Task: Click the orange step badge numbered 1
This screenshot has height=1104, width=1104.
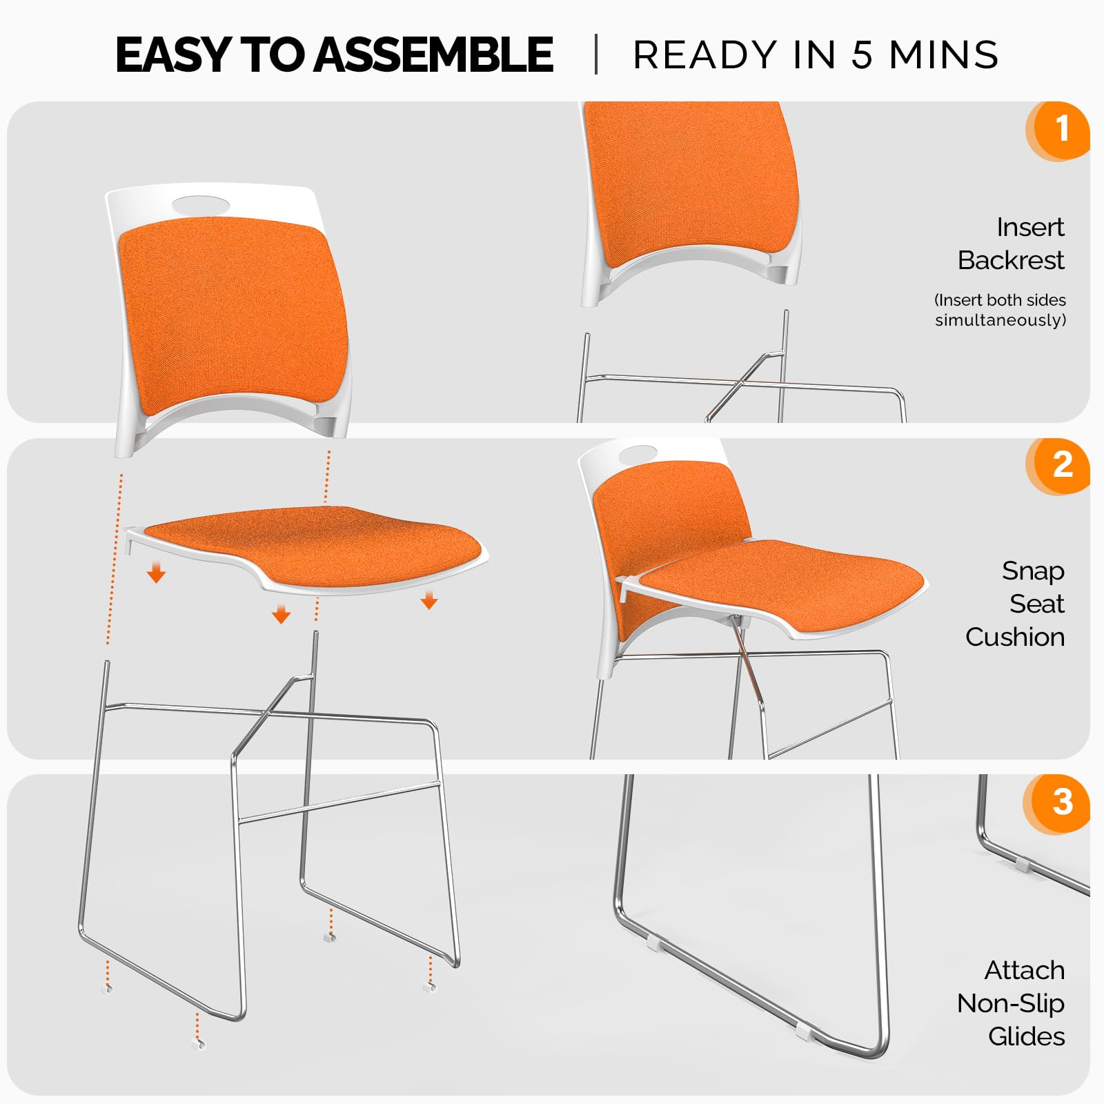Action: (1060, 130)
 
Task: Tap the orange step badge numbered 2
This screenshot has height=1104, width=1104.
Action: (1060, 465)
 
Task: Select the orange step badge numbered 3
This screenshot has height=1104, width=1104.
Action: (1060, 802)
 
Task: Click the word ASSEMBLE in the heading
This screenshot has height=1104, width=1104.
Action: (433, 55)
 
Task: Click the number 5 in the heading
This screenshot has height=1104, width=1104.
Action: (862, 55)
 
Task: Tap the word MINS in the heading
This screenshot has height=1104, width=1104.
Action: (943, 55)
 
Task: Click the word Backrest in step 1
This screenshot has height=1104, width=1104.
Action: (1011, 260)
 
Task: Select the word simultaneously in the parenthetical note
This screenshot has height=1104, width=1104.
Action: (1000, 320)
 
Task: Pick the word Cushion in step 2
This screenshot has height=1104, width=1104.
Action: (1015, 637)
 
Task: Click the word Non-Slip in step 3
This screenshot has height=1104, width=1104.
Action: (1011, 1003)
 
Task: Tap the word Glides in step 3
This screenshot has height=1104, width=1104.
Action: (1026, 1036)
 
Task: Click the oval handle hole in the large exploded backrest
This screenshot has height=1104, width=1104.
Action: (201, 204)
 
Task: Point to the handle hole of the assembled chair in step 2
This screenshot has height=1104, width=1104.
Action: (638, 455)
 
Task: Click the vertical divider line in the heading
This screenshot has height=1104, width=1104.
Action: (596, 55)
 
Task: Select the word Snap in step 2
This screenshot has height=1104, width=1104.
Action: (1033, 571)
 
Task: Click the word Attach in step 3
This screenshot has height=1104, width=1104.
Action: (1025, 970)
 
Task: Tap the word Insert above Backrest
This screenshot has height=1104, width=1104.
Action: (1030, 227)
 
